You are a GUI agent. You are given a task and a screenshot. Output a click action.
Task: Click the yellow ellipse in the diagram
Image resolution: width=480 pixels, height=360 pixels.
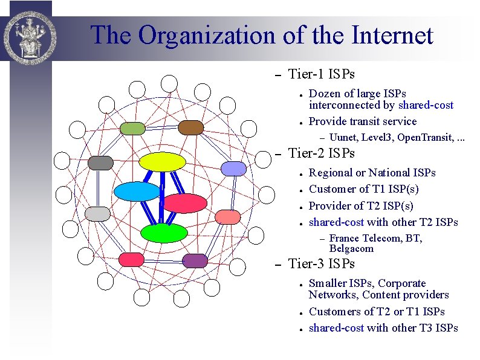pyautogui.click(x=162, y=162)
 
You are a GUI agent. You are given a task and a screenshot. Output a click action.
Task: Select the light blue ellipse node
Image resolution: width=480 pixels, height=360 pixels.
pyautogui.click(x=137, y=191)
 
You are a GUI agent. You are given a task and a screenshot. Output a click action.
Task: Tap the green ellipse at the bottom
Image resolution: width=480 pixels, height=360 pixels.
pyautogui.click(x=164, y=233)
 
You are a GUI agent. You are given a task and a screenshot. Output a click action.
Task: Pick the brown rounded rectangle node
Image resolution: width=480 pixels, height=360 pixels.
pyautogui.click(x=190, y=127)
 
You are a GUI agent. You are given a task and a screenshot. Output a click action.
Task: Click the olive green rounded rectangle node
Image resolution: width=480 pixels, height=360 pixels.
pyautogui.click(x=132, y=128)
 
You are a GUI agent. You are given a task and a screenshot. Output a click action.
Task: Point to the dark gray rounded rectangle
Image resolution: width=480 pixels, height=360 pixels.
pyautogui.click(x=100, y=163)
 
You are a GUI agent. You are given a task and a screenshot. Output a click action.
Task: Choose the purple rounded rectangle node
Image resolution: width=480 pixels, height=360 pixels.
pyautogui.click(x=195, y=260)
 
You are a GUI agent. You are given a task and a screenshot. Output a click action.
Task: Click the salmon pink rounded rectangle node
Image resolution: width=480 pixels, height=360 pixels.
pyautogui.click(x=228, y=216)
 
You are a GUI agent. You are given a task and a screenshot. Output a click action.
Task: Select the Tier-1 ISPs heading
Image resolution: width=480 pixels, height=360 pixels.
pyautogui.click(x=322, y=74)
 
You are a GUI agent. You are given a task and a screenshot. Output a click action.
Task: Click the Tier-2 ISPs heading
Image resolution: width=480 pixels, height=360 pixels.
pyautogui.click(x=322, y=153)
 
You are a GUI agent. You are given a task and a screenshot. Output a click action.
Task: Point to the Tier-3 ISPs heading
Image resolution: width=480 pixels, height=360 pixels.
pyautogui.click(x=322, y=264)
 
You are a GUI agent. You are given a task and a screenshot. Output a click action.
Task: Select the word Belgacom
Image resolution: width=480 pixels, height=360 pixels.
pyautogui.click(x=351, y=249)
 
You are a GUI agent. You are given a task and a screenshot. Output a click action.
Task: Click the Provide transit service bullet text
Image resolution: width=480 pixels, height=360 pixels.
pyautogui.click(x=363, y=121)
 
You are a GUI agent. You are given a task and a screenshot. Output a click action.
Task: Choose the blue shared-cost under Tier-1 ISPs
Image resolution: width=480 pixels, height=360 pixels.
pyautogui.click(x=425, y=105)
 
